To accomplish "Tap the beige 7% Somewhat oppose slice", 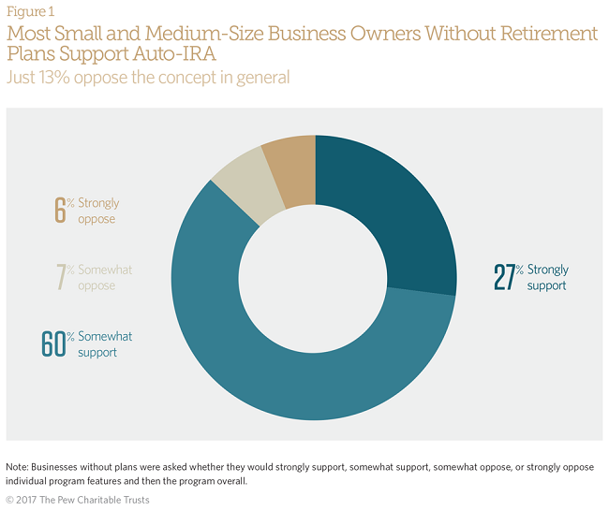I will point(236,173).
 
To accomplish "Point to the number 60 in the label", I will point(52,344).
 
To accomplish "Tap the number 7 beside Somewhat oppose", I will point(60,277).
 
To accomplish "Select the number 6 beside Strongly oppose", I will point(60,210).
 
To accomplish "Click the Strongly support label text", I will point(547,277).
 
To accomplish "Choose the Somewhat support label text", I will point(105,344).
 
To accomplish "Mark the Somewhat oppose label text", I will point(105,277).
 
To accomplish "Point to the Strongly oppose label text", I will point(98,210).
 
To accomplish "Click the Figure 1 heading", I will point(30,11).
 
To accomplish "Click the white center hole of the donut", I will point(316,278).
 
